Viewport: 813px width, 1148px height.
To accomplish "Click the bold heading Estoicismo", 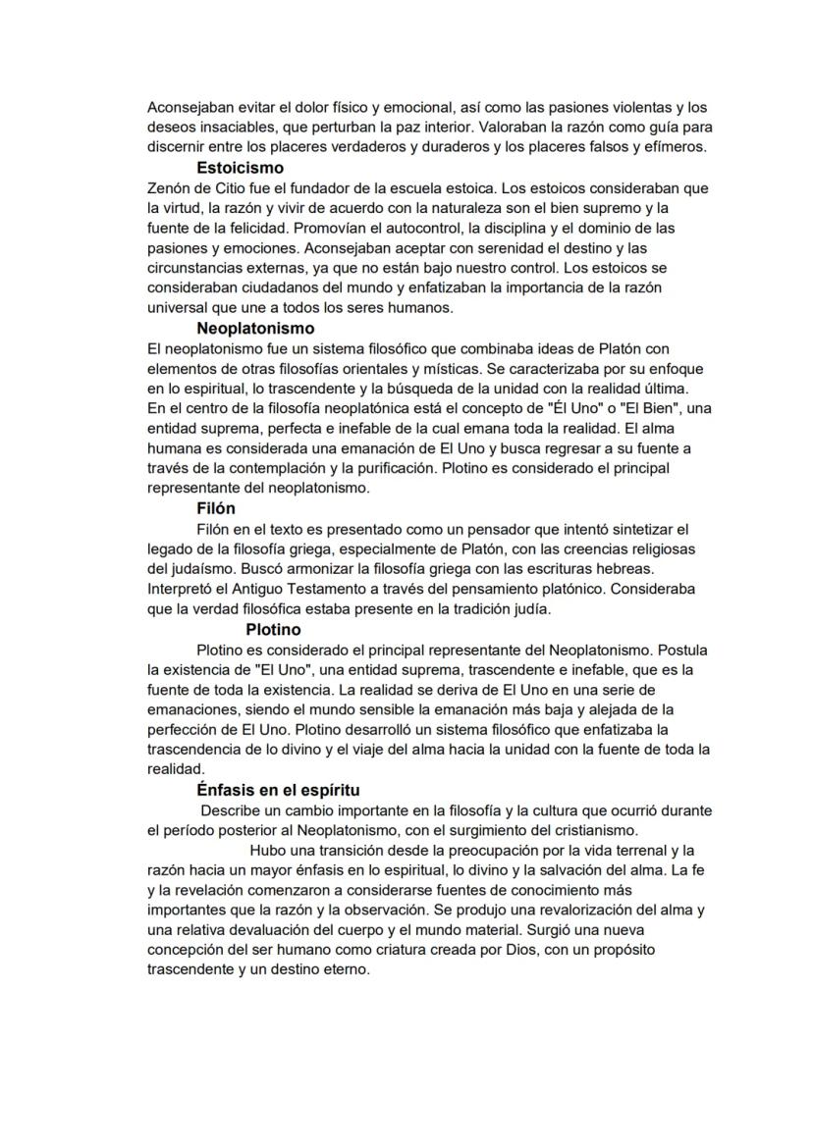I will (x=240, y=169).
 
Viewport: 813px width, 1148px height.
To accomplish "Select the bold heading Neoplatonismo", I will (x=255, y=328).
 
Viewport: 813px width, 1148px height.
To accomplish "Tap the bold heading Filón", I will (x=216, y=508).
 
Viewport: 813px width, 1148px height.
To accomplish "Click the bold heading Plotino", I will (x=273, y=630).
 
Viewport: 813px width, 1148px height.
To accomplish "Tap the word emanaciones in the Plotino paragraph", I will (x=193, y=709).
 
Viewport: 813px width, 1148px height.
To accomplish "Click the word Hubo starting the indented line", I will (x=271, y=851).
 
